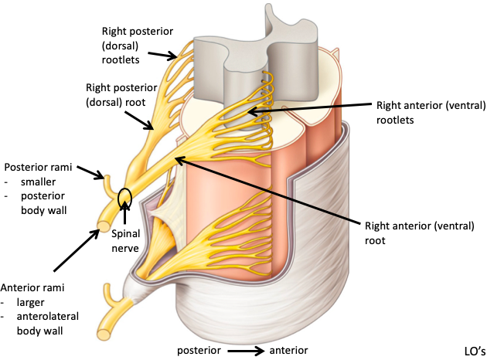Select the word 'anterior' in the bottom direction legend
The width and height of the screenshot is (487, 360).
coord(288,350)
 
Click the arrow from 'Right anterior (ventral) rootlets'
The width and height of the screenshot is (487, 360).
coord(309,110)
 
